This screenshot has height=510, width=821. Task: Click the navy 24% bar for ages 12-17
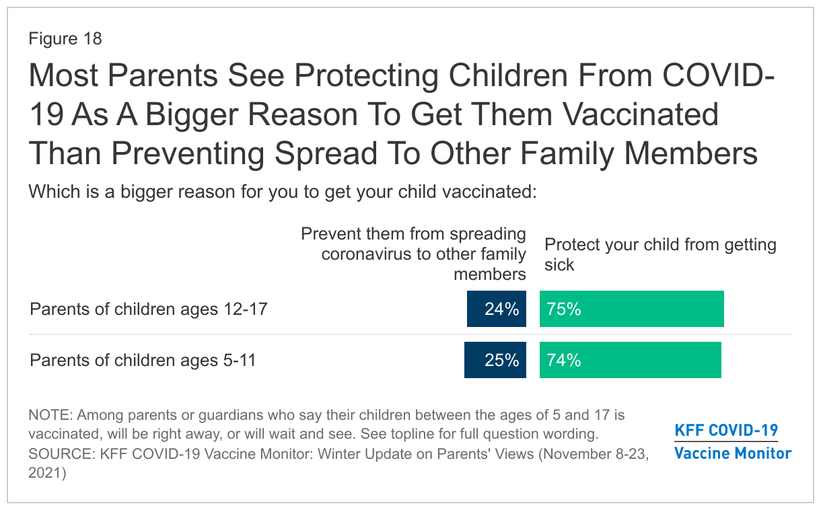496,309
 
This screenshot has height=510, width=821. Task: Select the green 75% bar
631,309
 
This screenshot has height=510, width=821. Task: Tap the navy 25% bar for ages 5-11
495,360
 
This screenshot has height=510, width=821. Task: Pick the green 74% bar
631,360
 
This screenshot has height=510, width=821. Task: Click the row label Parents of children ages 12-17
149,309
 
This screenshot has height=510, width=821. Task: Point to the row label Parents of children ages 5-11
143,360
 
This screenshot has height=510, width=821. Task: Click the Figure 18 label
65,38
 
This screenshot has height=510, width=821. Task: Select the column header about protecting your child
660,254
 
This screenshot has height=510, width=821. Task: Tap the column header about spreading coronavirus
413,254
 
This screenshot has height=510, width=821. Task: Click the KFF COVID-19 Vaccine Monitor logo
733,441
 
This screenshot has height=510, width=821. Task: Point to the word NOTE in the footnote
51,415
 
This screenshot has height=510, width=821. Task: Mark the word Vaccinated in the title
640,114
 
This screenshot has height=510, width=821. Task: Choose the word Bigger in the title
192,115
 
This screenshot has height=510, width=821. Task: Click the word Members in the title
690,153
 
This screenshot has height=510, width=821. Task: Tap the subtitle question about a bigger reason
283,192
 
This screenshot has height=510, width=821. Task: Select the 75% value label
564,309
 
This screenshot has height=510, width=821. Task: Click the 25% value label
502,360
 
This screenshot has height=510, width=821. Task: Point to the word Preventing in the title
188,154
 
